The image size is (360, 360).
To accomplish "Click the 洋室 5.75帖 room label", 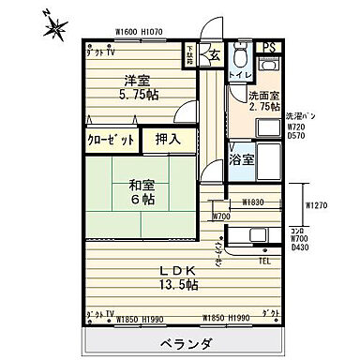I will [136, 87].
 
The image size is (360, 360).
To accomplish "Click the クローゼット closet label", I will [111, 142].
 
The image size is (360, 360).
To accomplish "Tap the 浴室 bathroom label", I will [242, 159].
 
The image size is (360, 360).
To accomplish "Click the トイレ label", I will [240, 75].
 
